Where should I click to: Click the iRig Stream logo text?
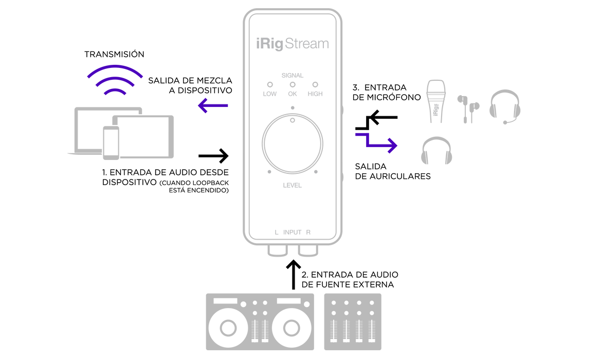(x=293, y=44)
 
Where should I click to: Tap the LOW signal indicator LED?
(x=269, y=84)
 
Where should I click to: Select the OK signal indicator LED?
(x=293, y=84)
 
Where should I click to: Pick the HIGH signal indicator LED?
(x=315, y=84)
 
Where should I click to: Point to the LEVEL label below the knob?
(x=293, y=186)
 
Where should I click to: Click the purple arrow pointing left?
(x=212, y=106)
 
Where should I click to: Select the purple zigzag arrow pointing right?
(x=377, y=142)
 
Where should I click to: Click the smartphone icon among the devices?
(x=111, y=142)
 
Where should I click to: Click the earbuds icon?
(x=468, y=109)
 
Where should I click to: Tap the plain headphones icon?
(x=436, y=150)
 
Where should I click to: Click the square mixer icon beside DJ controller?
(x=352, y=321)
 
